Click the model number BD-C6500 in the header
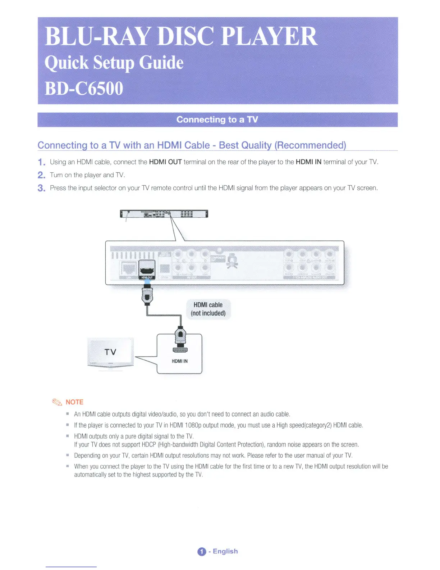[84, 89]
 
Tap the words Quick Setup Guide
[114, 63]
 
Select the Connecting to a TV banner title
[217, 119]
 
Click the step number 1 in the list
[42, 162]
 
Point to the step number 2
[42, 175]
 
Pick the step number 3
[42, 188]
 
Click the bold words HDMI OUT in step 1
[165, 162]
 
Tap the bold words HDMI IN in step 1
[308, 162]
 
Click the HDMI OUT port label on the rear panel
[147, 277]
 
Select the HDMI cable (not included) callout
[208, 309]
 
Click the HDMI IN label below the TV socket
[180, 361]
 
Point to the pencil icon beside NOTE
[57, 402]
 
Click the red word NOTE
[74, 402]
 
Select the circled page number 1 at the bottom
[202, 552]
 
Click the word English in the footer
[225, 551]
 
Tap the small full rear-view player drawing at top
[164, 214]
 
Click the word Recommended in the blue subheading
[310, 145]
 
